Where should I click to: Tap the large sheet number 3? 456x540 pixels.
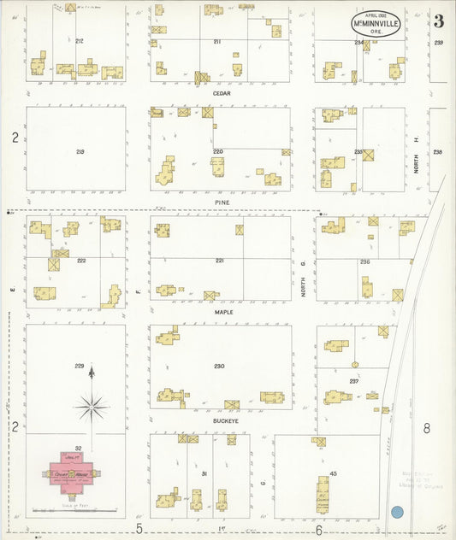(x=437, y=21)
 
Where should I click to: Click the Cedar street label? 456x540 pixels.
(x=222, y=95)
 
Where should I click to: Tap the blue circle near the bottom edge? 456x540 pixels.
(x=397, y=513)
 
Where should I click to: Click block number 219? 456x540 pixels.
(x=80, y=151)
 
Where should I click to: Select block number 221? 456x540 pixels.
(x=220, y=260)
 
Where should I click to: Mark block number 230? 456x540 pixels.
(x=219, y=367)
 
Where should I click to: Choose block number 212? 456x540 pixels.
(x=80, y=41)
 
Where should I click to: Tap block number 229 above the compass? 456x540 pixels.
(x=80, y=367)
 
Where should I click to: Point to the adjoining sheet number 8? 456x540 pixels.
(x=426, y=428)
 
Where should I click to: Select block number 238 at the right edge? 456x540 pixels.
(x=438, y=152)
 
